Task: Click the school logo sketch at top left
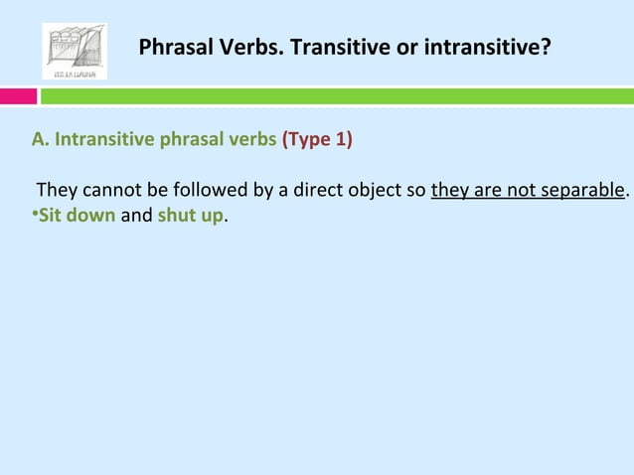coord(75,51)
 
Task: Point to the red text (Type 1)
coord(317,138)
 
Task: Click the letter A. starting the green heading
coord(41,138)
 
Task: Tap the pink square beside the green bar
coord(18,96)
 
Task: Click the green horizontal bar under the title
coord(338,96)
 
